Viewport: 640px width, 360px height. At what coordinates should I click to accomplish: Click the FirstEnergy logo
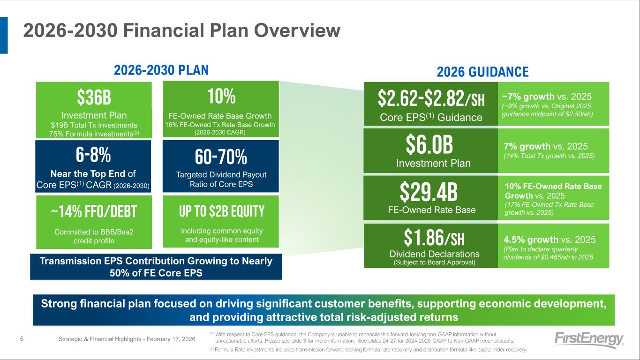[x=589, y=340]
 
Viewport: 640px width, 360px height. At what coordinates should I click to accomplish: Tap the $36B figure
[x=94, y=97]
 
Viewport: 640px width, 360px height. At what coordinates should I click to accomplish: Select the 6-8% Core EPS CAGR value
[x=93, y=155]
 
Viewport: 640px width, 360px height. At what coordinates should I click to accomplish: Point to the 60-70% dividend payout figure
[x=221, y=157]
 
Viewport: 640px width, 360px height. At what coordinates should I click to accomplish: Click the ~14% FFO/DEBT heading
[x=94, y=211]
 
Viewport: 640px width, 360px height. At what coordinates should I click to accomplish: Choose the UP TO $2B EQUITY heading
[x=222, y=211]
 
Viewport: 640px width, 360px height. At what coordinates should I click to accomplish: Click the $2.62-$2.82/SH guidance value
[x=431, y=98]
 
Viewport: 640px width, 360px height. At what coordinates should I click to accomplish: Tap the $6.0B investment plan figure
[x=429, y=144]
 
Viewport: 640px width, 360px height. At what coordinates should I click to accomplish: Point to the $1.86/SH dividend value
[x=434, y=238]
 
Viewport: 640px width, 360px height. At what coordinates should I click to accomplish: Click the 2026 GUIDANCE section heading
[x=482, y=72]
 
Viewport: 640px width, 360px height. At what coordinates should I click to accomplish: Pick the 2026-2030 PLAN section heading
[x=161, y=70]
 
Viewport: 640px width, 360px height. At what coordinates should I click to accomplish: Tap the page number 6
[x=22, y=339]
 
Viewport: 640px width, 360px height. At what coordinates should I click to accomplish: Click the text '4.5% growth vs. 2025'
[x=550, y=240]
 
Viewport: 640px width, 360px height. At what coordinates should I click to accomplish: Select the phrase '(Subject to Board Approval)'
[x=434, y=262]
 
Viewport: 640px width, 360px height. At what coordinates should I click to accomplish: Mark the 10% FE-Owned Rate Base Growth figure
[x=221, y=96]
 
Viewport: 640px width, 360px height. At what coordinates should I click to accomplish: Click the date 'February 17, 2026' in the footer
[x=171, y=339]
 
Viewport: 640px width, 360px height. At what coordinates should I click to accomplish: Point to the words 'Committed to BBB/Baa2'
[x=94, y=232]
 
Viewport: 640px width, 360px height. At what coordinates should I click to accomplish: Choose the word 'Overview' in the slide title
[x=297, y=30]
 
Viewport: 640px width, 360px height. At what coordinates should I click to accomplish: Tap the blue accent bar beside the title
[x=4, y=35]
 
